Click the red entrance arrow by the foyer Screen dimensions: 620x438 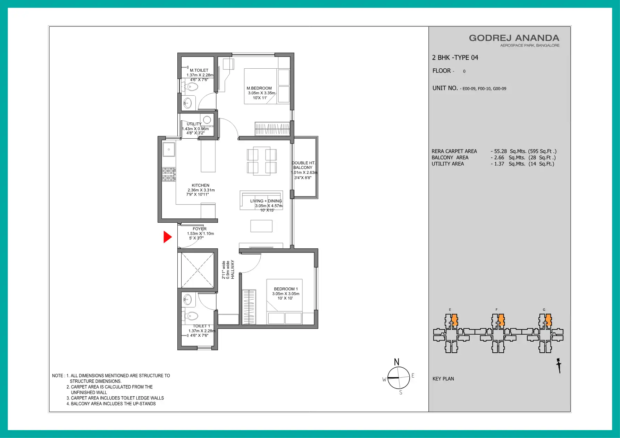[x=167, y=237]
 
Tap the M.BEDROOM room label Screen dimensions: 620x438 [x=259, y=88]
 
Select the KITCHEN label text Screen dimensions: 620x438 [x=201, y=185]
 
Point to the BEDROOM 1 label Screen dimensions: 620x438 [x=286, y=289]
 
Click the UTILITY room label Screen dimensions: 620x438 [x=194, y=124]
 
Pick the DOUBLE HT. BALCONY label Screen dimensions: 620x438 [x=303, y=165]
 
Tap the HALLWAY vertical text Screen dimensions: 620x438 [x=233, y=269]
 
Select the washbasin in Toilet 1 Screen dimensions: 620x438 [x=187, y=299]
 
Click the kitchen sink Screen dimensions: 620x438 [x=169, y=149]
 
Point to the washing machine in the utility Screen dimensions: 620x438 [x=207, y=120]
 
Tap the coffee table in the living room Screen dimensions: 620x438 [x=261, y=226]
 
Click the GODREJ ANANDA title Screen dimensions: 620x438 [x=514, y=38]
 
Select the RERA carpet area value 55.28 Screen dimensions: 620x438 [x=500, y=151]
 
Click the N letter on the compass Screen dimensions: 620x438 [x=396, y=362]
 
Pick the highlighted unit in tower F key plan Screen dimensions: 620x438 [x=501, y=320]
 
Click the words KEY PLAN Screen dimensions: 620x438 [x=443, y=379]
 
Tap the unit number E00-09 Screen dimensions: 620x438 [x=469, y=89]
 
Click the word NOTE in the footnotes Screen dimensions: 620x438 [x=58, y=376]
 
